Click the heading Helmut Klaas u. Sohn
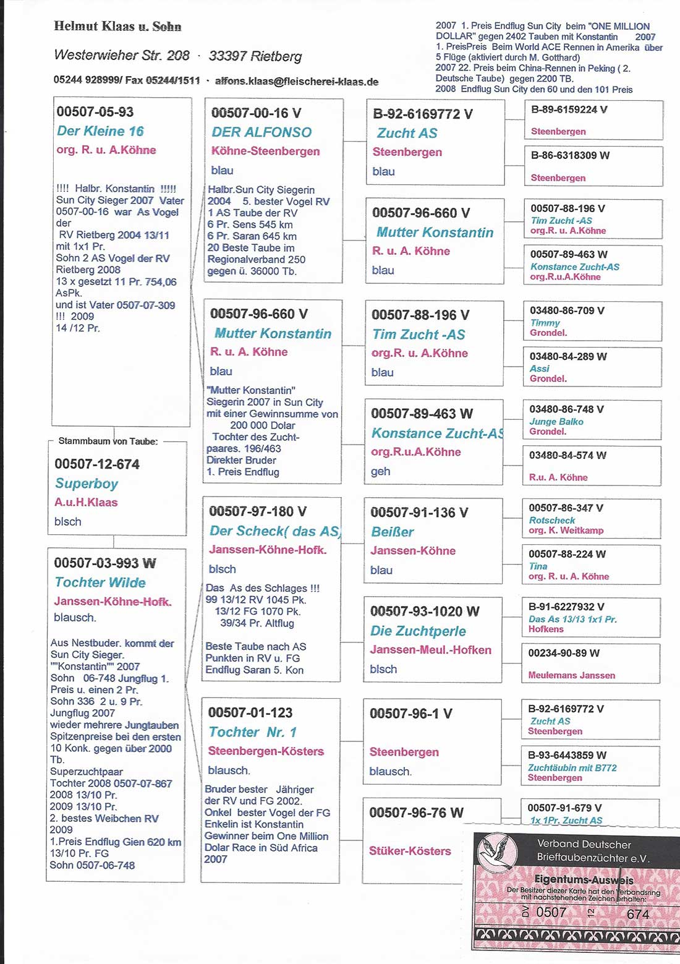click(117, 27)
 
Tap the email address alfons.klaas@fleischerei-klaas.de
click(296, 81)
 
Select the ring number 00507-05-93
click(95, 112)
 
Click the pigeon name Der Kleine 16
click(100, 131)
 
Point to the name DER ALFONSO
click(261, 132)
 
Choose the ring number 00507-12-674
click(97, 464)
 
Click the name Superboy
click(87, 484)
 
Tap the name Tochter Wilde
click(100, 582)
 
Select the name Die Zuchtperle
click(418, 631)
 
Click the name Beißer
click(392, 532)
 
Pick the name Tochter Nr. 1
click(253, 732)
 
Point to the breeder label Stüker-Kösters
click(410, 851)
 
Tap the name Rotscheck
click(552, 521)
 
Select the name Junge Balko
click(556, 422)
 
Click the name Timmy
click(545, 323)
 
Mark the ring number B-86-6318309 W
click(570, 155)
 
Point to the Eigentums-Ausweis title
click(584, 879)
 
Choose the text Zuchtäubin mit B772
click(572, 768)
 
